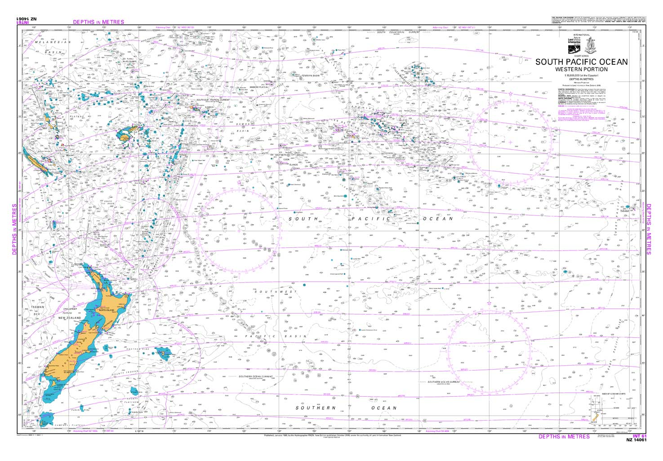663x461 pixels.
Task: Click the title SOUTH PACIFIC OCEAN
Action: click(x=581, y=62)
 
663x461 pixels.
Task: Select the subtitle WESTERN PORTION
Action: click(x=581, y=69)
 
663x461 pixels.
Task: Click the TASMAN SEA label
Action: click(x=36, y=310)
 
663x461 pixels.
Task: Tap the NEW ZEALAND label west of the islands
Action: click(x=69, y=318)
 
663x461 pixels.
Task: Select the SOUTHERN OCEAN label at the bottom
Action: click(x=346, y=408)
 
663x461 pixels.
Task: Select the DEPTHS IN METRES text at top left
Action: click(x=98, y=22)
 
